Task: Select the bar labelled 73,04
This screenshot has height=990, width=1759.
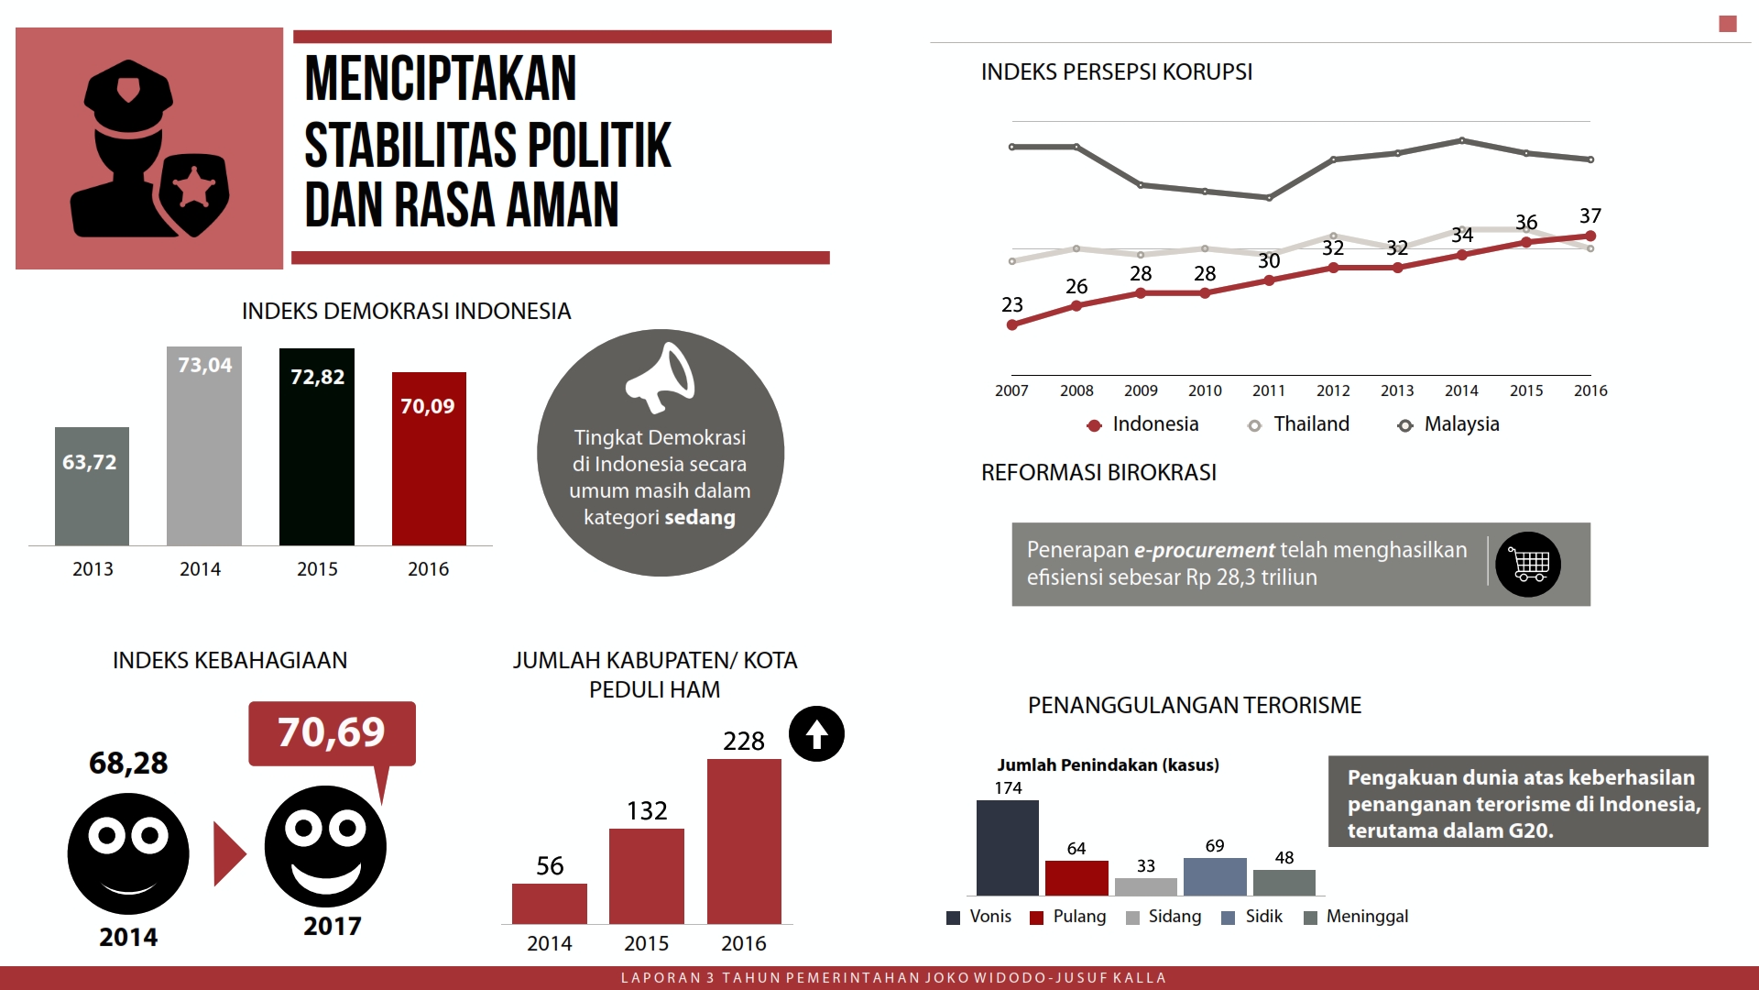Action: (204, 446)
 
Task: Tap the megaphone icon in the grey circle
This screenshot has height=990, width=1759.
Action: (661, 377)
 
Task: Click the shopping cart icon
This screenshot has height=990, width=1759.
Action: (1528, 565)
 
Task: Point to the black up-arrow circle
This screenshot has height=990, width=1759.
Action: (816, 734)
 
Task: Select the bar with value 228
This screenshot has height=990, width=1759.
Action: (744, 841)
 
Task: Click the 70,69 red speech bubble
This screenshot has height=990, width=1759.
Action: (332, 733)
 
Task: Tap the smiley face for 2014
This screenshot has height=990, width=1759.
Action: (128, 853)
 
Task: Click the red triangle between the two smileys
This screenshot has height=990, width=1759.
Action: (228, 853)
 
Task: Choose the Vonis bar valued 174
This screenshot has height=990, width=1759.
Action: (1008, 848)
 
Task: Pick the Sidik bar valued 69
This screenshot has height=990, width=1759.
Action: (1215, 876)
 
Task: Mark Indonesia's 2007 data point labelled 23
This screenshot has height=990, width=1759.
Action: (1012, 324)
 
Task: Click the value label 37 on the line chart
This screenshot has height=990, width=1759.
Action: (1590, 216)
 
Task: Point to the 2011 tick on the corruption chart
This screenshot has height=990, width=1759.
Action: (1269, 390)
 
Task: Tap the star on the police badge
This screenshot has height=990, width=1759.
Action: (194, 187)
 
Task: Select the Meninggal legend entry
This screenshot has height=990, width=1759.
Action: (1356, 917)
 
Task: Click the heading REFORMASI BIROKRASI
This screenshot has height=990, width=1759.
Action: (1098, 472)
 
